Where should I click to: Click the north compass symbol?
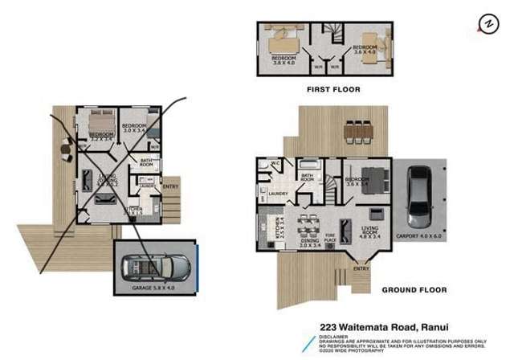[x=486, y=25]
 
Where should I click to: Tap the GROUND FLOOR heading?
[x=414, y=289]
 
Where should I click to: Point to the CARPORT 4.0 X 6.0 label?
[x=419, y=235]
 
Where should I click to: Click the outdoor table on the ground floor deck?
[x=357, y=130]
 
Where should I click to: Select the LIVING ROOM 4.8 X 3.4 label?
[x=370, y=235]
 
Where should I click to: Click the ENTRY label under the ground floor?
[x=361, y=269]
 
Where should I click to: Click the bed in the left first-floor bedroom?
[x=280, y=38]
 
